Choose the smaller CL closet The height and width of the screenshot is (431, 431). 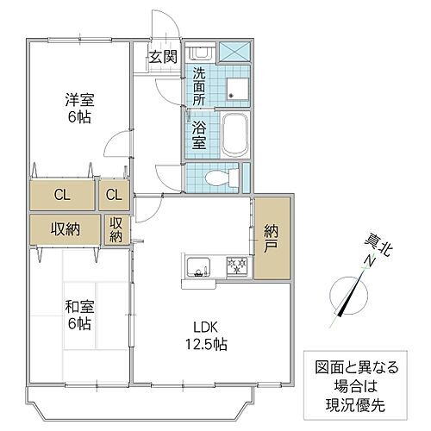tap(114, 194)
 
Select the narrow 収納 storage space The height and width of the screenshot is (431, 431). tap(116, 230)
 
